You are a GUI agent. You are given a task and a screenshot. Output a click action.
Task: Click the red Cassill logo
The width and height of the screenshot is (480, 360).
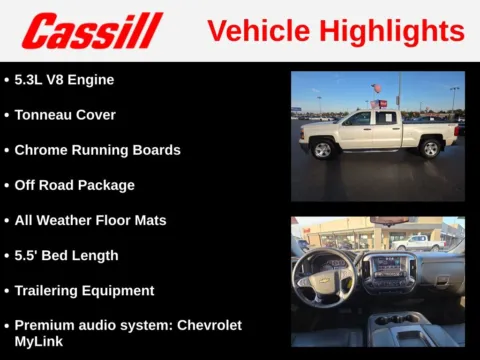[x=92, y=31]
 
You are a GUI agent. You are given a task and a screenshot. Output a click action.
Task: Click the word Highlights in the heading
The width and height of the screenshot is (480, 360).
[x=399, y=31]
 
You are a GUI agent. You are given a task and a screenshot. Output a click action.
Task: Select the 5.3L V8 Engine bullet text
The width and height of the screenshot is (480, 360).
[x=64, y=80]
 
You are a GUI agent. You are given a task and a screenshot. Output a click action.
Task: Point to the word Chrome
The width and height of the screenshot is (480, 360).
[x=42, y=150]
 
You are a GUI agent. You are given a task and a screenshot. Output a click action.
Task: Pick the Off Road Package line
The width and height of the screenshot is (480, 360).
[x=74, y=185]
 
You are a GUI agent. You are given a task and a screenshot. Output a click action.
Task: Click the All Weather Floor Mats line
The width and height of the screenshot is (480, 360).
[x=90, y=220]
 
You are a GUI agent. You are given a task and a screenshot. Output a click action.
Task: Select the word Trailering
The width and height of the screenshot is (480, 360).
[x=49, y=290]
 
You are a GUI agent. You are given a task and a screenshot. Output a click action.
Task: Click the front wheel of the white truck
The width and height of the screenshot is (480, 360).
[x=323, y=150]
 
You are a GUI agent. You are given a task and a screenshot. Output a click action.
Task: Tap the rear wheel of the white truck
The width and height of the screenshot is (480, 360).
[x=431, y=149]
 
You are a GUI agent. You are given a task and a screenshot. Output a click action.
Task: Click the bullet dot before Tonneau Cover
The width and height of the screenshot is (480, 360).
[x=7, y=115]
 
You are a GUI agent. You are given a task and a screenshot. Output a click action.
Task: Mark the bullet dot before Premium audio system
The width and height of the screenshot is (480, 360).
[x=7, y=326]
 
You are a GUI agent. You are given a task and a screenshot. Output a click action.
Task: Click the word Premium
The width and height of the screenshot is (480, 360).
[x=47, y=325]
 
